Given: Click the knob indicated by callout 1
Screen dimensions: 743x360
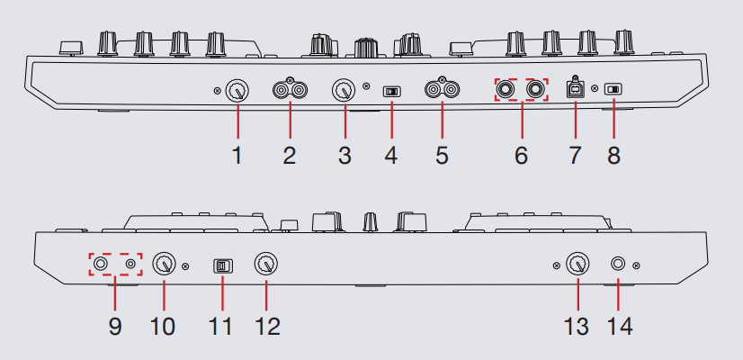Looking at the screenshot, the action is pos(237,90).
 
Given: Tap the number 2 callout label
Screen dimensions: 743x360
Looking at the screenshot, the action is pos(290,156).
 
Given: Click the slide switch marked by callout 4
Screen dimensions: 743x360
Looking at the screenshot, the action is pos(392,91).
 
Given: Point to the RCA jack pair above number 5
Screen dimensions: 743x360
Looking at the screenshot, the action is pos(442,88).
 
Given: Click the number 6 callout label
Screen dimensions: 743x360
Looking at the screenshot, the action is pos(521,156).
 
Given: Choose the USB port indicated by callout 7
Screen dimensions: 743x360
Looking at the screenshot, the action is pos(576,89).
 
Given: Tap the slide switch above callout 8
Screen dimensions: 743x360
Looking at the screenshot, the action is pos(613,89).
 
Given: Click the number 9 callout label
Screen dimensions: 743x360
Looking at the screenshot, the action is pos(115,327).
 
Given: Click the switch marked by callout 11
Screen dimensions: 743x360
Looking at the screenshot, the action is pos(222,266).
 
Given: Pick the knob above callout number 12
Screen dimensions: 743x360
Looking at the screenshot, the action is pos(266,264).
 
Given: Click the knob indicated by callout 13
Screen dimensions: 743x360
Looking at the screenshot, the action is pos(577,264).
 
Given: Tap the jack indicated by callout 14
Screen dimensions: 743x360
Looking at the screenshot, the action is pos(618,264).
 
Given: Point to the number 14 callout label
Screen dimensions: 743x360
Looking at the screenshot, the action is pos(620,327).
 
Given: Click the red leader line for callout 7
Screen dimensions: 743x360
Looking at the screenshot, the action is pos(576,119).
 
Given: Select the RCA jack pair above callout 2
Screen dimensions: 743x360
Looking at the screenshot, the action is pos(290,89).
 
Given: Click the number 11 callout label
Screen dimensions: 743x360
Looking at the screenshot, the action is pos(220,327).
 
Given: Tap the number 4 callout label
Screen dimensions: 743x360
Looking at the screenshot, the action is pos(391,156).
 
